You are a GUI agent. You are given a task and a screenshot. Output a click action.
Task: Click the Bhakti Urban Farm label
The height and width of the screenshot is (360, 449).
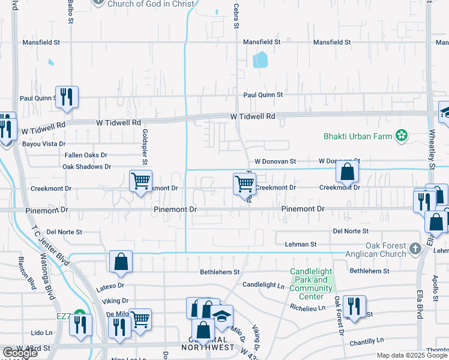[358, 136]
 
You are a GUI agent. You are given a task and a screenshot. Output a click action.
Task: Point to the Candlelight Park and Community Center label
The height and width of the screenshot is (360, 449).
[311, 284]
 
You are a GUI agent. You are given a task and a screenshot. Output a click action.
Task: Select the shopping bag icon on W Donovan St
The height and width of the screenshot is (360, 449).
[348, 173]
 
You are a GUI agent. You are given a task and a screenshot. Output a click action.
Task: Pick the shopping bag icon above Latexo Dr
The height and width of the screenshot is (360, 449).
[121, 261]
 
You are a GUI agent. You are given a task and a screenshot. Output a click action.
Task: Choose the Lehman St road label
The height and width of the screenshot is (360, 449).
[304, 244]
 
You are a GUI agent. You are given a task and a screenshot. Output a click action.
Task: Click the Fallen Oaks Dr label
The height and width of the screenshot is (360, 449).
[86, 155]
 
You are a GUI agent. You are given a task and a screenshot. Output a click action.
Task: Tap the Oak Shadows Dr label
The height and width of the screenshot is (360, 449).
[86, 166]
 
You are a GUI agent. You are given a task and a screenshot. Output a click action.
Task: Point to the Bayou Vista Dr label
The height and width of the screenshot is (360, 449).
[44, 144]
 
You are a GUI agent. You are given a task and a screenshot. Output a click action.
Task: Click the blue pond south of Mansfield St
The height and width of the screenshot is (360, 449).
[261, 59]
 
